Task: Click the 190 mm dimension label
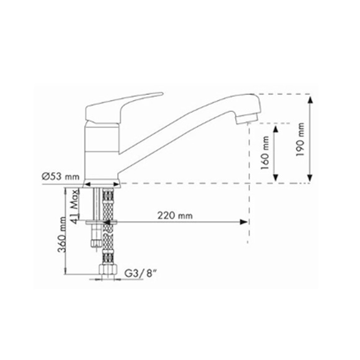(300, 139)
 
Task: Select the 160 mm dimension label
(265, 153)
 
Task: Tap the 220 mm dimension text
(175, 216)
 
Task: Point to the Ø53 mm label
(61, 176)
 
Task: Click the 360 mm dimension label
(62, 234)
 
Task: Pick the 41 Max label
(75, 206)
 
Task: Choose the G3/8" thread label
(141, 273)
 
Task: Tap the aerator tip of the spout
(248, 118)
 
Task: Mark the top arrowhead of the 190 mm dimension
(310, 101)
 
